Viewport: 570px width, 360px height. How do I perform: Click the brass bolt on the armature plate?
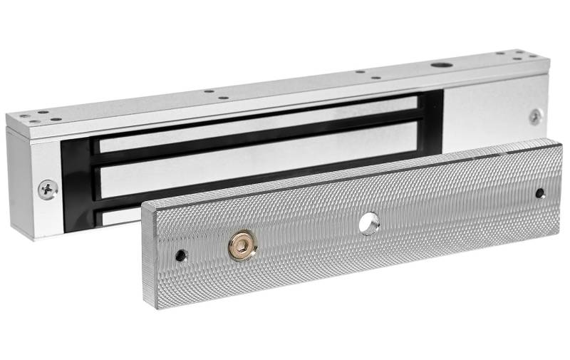(x=242, y=246)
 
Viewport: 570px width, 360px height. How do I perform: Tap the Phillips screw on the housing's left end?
(x=48, y=189)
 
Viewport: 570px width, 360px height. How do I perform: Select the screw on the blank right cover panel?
(x=535, y=116)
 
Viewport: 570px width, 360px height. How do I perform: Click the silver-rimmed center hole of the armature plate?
(x=369, y=223)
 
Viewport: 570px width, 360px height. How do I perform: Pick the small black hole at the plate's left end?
(x=182, y=255)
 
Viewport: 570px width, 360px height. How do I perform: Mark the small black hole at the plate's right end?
(x=540, y=193)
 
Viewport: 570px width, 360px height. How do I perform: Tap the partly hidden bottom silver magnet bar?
(x=118, y=216)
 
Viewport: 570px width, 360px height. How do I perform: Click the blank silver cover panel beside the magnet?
(x=492, y=114)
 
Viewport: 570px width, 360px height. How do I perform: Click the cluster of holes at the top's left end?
(x=38, y=115)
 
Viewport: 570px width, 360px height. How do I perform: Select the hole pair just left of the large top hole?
(x=367, y=74)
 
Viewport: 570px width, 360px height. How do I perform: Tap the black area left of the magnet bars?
(x=76, y=185)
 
